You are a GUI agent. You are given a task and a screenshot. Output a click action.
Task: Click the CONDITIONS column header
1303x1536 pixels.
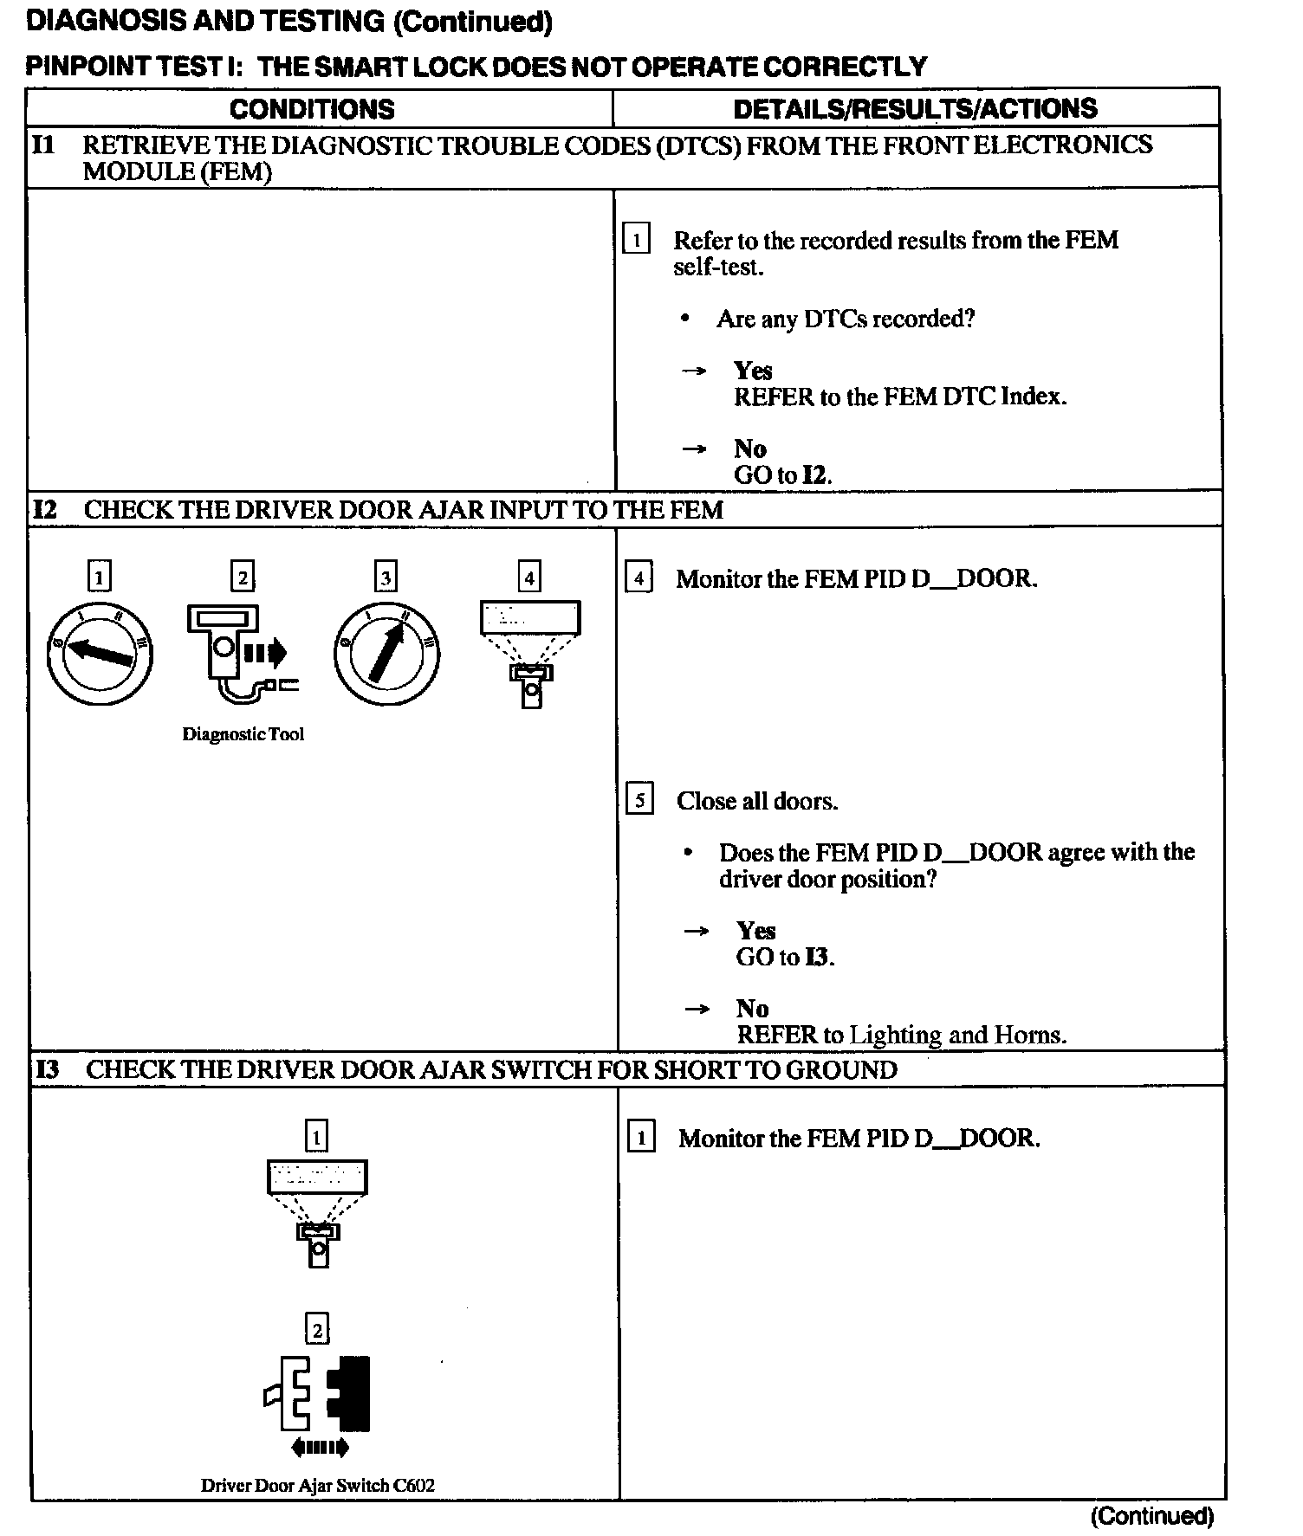(312, 109)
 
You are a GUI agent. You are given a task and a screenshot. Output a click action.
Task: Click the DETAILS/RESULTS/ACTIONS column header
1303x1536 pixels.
(915, 108)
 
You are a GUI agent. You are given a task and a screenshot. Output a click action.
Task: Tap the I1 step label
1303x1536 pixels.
(43, 145)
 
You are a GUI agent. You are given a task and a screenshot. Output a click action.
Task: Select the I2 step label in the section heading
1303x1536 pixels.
(45, 510)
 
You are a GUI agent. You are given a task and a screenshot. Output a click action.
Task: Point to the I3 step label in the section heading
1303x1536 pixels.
(47, 1070)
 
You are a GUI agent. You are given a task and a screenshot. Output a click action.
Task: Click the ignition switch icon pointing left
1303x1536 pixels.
(100, 653)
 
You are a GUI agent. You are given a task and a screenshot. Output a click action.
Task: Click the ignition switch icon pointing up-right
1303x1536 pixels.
(386, 653)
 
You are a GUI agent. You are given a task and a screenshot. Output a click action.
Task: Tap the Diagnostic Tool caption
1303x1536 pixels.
(243, 735)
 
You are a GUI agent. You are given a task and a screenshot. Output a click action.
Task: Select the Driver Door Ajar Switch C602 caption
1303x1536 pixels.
(317, 1486)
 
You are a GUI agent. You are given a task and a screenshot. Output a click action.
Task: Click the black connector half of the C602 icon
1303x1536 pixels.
(351, 1393)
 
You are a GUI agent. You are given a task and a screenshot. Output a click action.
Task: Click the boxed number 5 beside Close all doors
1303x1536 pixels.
(639, 800)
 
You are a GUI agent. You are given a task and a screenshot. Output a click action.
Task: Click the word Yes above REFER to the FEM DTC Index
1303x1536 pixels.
(753, 371)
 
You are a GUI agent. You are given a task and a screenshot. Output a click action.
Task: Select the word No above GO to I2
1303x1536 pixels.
(750, 449)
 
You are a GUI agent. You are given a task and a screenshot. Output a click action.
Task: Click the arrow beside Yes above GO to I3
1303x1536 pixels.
(696, 932)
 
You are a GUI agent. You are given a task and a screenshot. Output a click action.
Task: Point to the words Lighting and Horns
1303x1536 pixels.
(957, 1036)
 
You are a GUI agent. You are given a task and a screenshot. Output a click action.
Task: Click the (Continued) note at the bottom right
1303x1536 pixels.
(1152, 1515)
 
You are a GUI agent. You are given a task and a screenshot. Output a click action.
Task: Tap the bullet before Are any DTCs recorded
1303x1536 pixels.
(685, 319)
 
